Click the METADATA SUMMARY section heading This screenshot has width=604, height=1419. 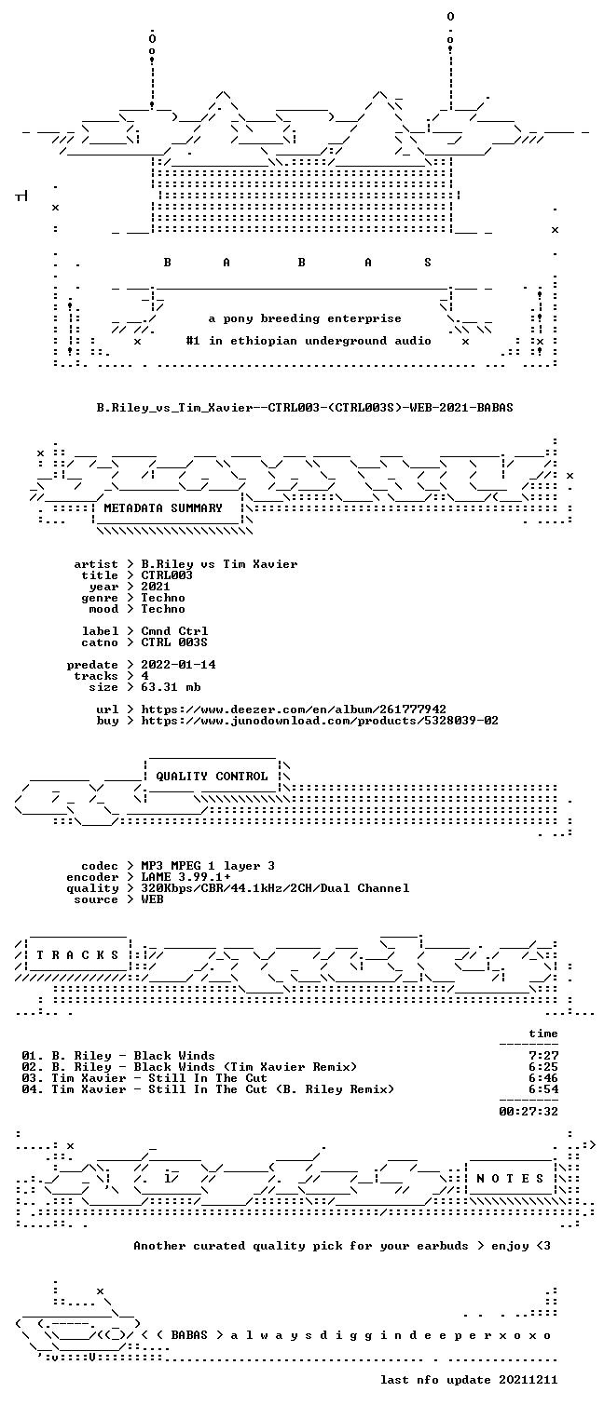click(x=163, y=508)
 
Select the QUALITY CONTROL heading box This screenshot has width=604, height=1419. click(x=212, y=776)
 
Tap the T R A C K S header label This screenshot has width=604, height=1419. click(x=78, y=955)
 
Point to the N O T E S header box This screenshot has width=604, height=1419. click(x=510, y=1178)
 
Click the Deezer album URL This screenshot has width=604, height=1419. click(x=294, y=709)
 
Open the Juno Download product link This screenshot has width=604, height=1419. click(x=320, y=721)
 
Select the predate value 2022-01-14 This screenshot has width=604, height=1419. click(x=178, y=665)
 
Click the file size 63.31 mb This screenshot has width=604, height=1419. click(x=171, y=687)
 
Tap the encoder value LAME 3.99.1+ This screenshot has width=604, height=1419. click(x=185, y=877)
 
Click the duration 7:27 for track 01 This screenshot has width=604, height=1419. click(x=543, y=1056)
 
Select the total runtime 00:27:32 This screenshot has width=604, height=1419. click(x=528, y=1111)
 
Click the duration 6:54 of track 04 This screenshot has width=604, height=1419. click(x=543, y=1089)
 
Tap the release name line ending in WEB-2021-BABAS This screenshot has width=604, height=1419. click(x=305, y=408)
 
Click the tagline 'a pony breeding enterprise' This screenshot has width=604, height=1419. click(x=305, y=318)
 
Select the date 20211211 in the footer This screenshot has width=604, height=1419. click(x=528, y=1380)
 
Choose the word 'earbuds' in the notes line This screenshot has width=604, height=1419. click(x=442, y=1246)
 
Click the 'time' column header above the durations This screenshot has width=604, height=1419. click(x=543, y=1034)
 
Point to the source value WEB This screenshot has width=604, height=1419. click(x=152, y=899)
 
